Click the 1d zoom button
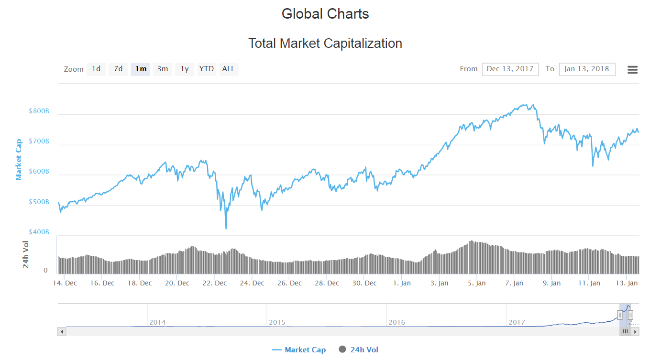click(x=96, y=69)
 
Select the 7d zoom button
click(x=118, y=69)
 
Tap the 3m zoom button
click(x=163, y=69)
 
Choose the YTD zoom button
click(x=207, y=69)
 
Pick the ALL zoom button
click(x=229, y=69)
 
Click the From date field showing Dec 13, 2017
click(x=510, y=69)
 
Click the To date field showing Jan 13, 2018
click(x=587, y=69)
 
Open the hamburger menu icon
click(x=632, y=70)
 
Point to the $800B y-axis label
click(x=39, y=111)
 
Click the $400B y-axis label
click(x=39, y=232)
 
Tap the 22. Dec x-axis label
click(x=214, y=283)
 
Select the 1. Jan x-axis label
click(x=402, y=283)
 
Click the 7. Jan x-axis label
click(x=514, y=283)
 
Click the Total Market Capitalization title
click(x=325, y=44)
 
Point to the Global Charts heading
click(x=325, y=14)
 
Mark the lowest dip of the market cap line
click(x=226, y=228)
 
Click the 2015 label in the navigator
click(x=277, y=322)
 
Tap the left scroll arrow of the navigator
click(x=62, y=331)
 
